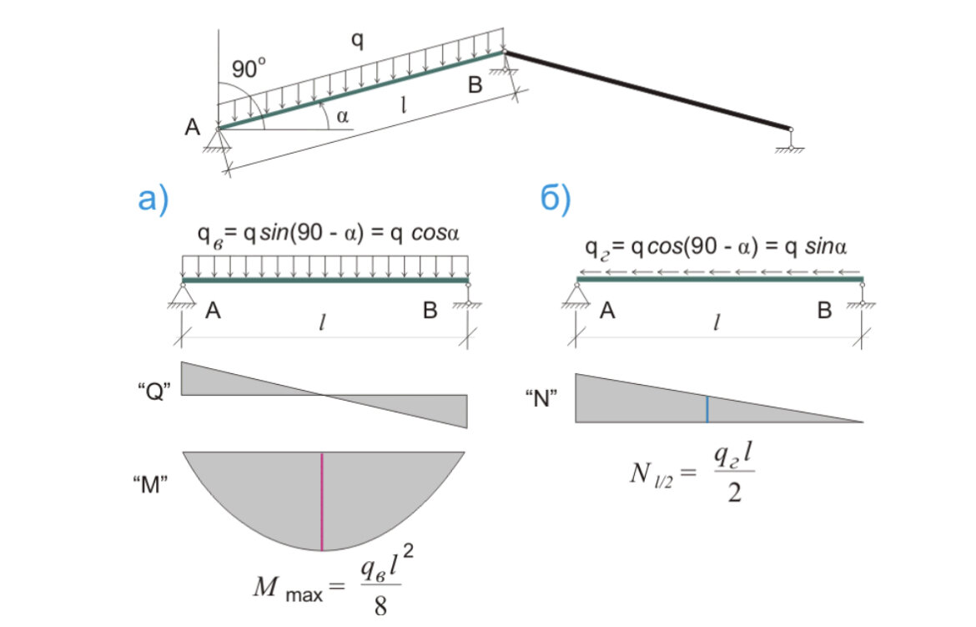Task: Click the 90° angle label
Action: tap(249, 68)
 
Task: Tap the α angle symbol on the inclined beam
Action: tap(342, 117)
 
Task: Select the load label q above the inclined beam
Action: tap(357, 39)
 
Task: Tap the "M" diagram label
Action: tap(152, 486)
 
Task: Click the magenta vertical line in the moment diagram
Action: tap(322, 501)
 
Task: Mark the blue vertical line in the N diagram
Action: tap(707, 409)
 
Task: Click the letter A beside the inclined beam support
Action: tap(194, 128)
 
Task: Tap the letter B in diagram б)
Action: tap(824, 311)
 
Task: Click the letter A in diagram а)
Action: tap(213, 311)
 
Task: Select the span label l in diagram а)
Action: tap(322, 322)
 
